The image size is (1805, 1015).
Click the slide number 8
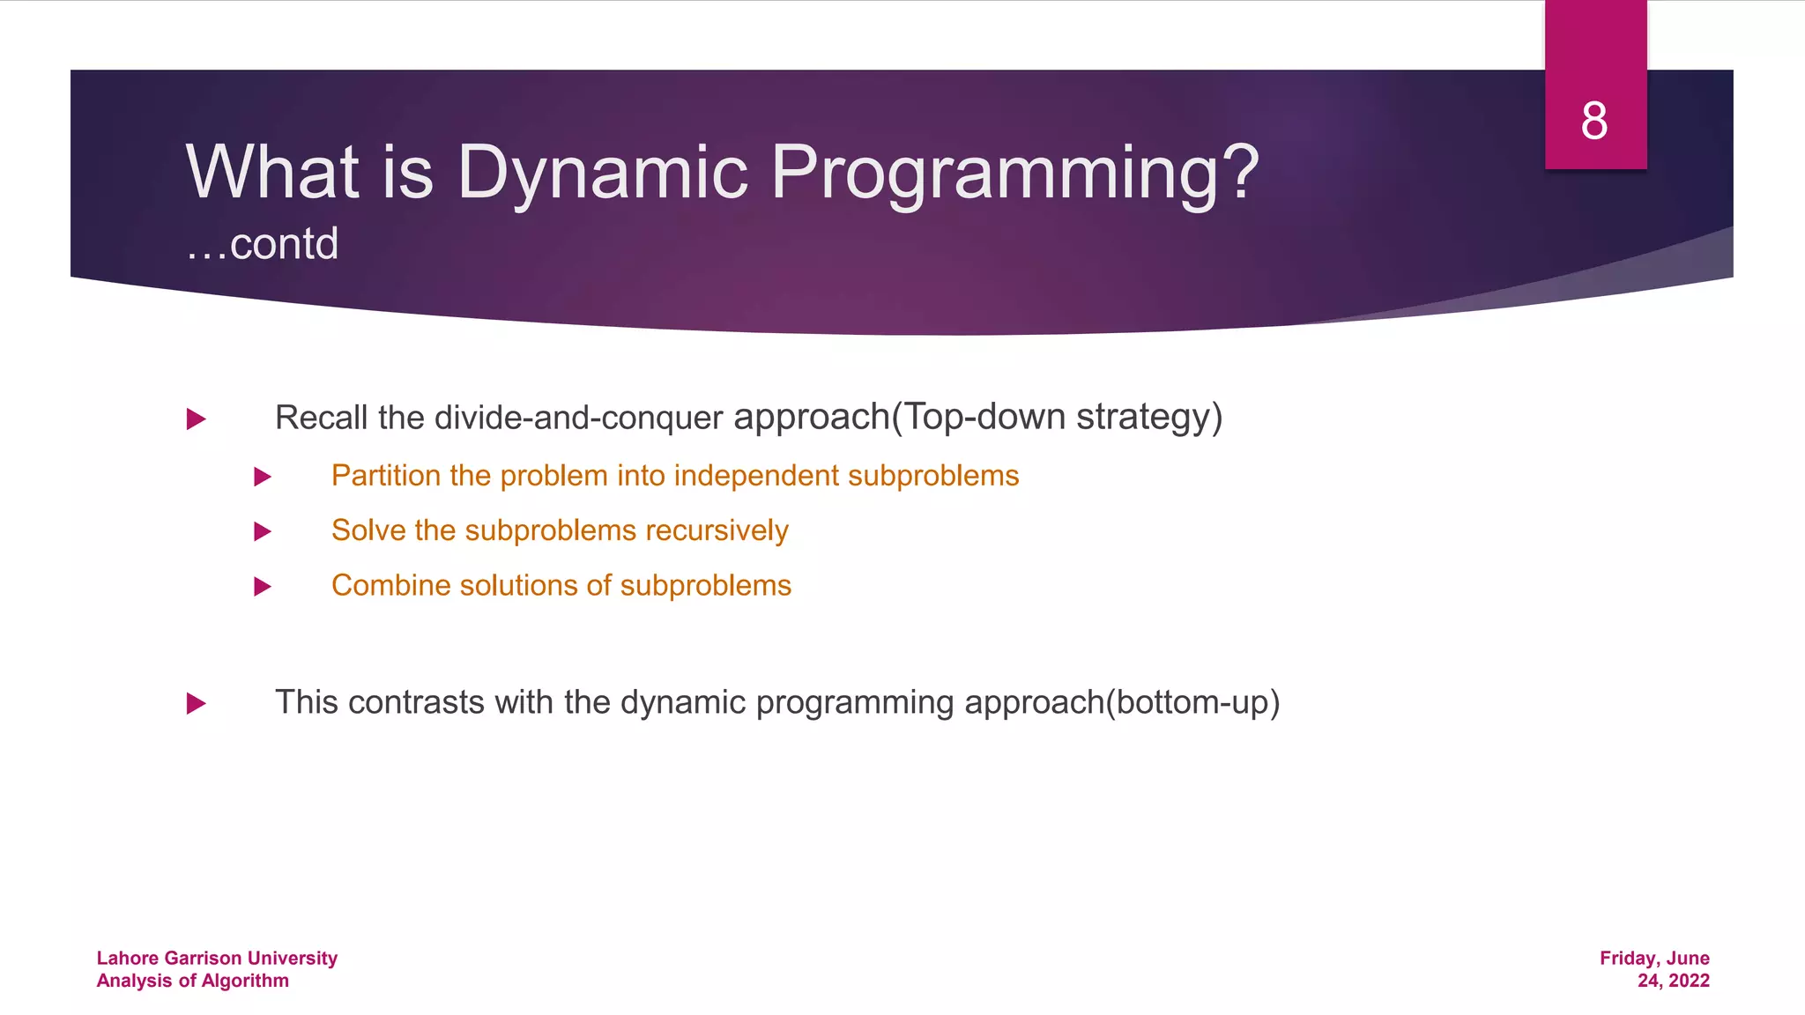(1594, 121)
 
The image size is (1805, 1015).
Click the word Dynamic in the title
(602, 172)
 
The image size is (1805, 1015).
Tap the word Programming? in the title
(1015, 174)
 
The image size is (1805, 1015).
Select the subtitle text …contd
(262, 244)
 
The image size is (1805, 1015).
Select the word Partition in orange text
(385, 476)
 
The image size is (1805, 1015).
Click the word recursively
(717, 530)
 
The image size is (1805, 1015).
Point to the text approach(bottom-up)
(1121, 702)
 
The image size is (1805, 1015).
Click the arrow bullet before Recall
(196, 419)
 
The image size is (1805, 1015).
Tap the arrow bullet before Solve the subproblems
(262, 531)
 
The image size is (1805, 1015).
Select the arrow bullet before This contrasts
(196, 703)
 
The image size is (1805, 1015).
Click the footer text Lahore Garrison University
(217, 958)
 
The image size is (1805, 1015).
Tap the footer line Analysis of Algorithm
(192, 981)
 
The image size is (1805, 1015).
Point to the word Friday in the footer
(1628, 958)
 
